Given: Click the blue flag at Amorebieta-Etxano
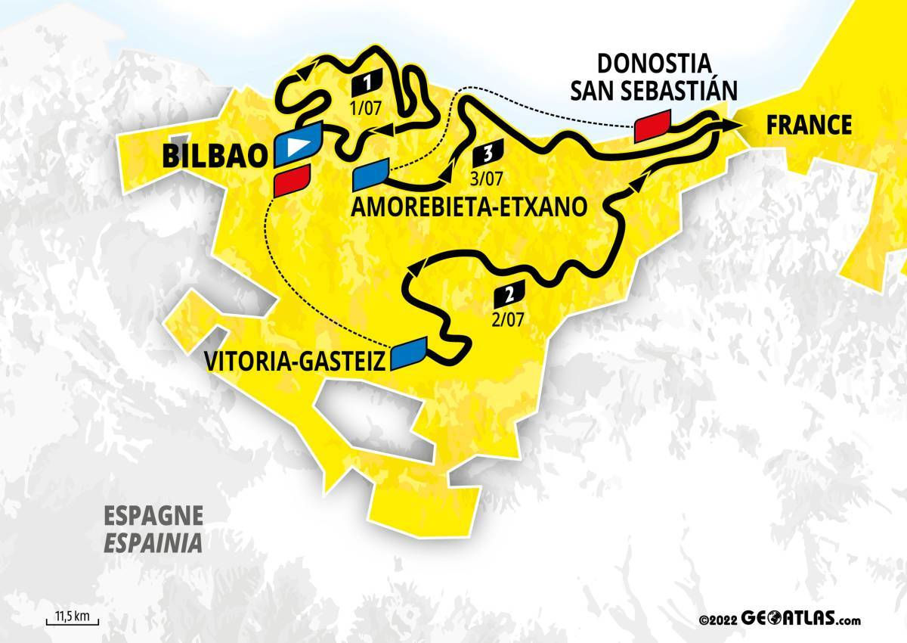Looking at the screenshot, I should [371, 176].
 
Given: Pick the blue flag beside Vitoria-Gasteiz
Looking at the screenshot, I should [408, 353].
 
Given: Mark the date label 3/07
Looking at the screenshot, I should [486, 179].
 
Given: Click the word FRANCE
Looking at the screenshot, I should [809, 125].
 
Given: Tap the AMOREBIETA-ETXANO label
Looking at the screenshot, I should [469, 207].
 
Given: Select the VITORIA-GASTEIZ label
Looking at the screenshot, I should [296, 361].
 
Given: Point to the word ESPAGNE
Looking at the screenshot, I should [153, 517].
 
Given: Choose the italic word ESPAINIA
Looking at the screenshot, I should [153, 543].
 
